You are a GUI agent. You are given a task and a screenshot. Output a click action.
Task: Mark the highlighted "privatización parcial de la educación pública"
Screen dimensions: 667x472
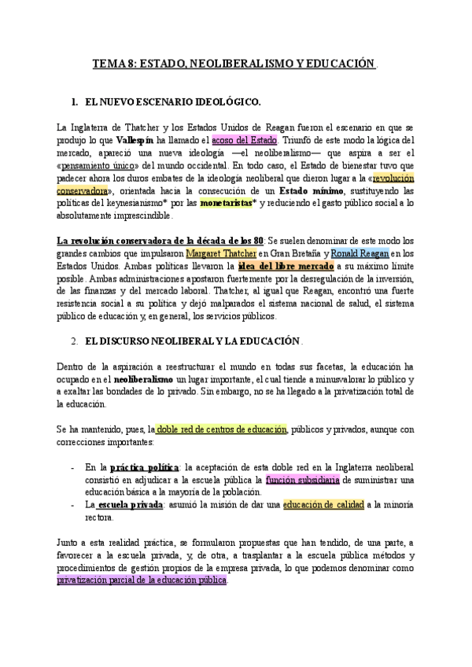coord(142,580)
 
